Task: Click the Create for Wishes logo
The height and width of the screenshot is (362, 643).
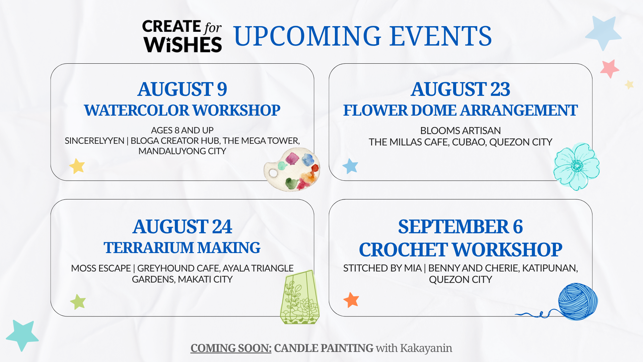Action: pos(182,36)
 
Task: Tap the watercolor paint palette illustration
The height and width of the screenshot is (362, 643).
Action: pos(292,170)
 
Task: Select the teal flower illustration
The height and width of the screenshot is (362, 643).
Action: pos(576,167)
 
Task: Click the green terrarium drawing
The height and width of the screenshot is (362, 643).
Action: pos(299,297)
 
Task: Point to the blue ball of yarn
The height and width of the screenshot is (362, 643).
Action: pos(578,301)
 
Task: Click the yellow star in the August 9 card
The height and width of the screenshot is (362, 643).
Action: pos(77,166)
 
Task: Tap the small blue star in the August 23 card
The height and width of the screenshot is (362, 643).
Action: pos(350,166)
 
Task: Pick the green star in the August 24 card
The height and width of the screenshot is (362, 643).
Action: pos(78,302)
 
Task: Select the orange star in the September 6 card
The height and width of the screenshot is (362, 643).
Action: pos(351,300)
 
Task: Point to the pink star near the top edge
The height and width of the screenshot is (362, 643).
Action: pos(610,69)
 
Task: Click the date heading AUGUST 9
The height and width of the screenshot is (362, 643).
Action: pos(182,89)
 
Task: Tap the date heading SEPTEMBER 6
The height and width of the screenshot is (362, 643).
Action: pos(460,227)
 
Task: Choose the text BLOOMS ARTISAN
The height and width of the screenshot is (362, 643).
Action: pos(460,130)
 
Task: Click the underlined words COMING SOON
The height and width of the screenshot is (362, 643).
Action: pos(231,348)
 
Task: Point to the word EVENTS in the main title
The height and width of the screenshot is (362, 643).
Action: pos(441,36)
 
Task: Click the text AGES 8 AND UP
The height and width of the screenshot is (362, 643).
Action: pos(182,130)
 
